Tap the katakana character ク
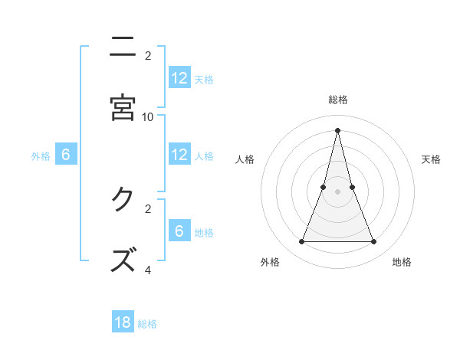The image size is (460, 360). (x=122, y=200)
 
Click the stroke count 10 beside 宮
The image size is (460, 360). (x=148, y=116)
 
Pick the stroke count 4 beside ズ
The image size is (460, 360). (x=148, y=270)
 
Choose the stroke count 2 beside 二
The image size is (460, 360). (x=148, y=56)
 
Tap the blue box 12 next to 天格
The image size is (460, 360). (x=179, y=78)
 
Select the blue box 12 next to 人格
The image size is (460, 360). (x=179, y=155)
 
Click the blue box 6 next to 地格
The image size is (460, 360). (x=179, y=231)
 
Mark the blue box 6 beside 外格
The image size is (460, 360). (x=66, y=155)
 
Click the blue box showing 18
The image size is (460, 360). (x=123, y=322)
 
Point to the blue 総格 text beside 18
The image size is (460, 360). (x=147, y=324)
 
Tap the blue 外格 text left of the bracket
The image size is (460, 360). (x=41, y=156)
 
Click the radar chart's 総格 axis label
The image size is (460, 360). (x=338, y=100)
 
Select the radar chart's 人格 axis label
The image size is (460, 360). (x=245, y=159)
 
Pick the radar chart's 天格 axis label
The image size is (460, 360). (x=431, y=159)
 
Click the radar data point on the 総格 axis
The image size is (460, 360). (x=337, y=129)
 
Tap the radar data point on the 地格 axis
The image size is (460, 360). (x=374, y=242)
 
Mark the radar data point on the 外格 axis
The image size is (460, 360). (x=301, y=242)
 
